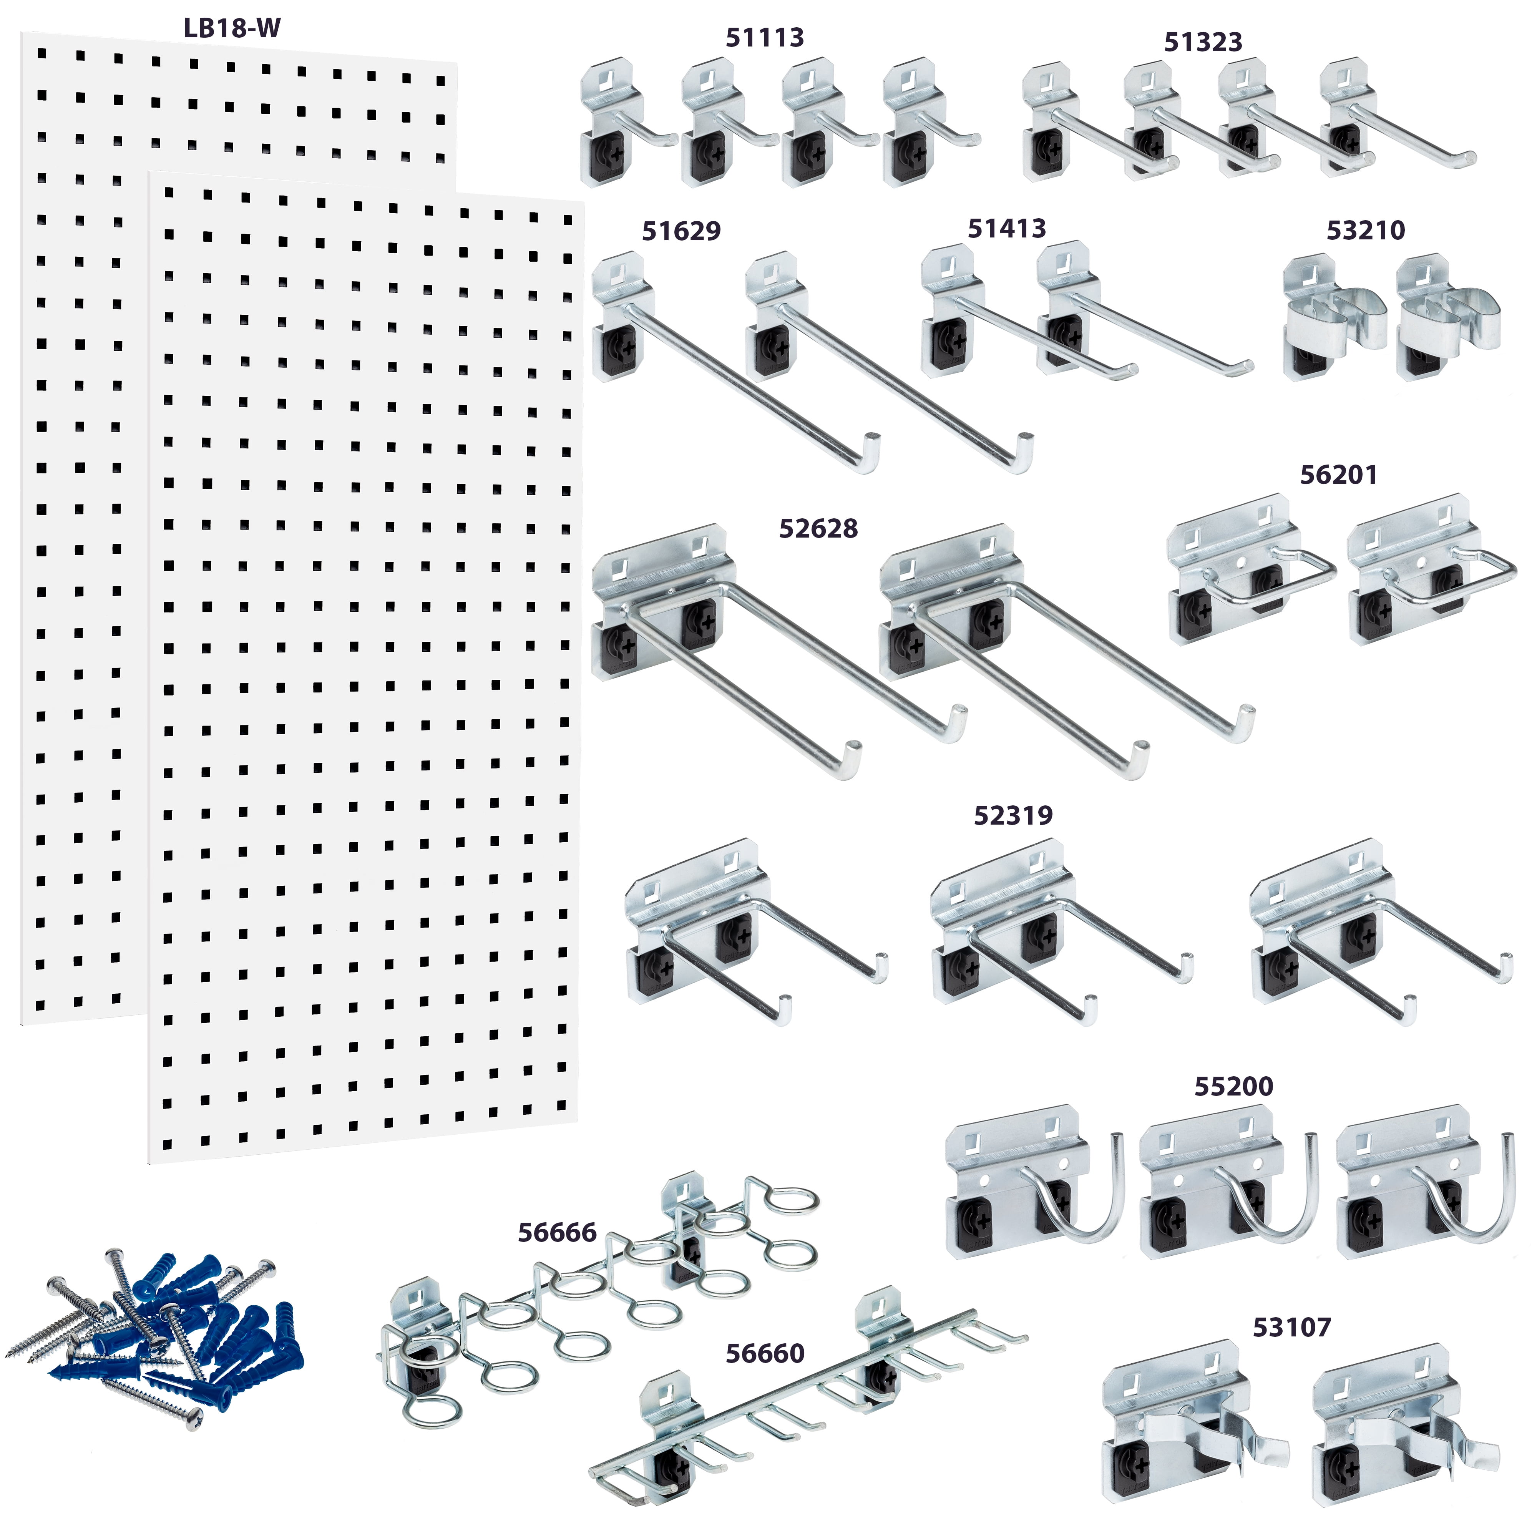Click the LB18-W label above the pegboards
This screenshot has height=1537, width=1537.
tap(232, 29)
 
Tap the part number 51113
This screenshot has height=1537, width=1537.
tap(765, 37)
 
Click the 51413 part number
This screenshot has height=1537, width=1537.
tap(1006, 228)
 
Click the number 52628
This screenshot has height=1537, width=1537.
tap(818, 528)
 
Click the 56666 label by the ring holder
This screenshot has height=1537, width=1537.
tap(557, 1232)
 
